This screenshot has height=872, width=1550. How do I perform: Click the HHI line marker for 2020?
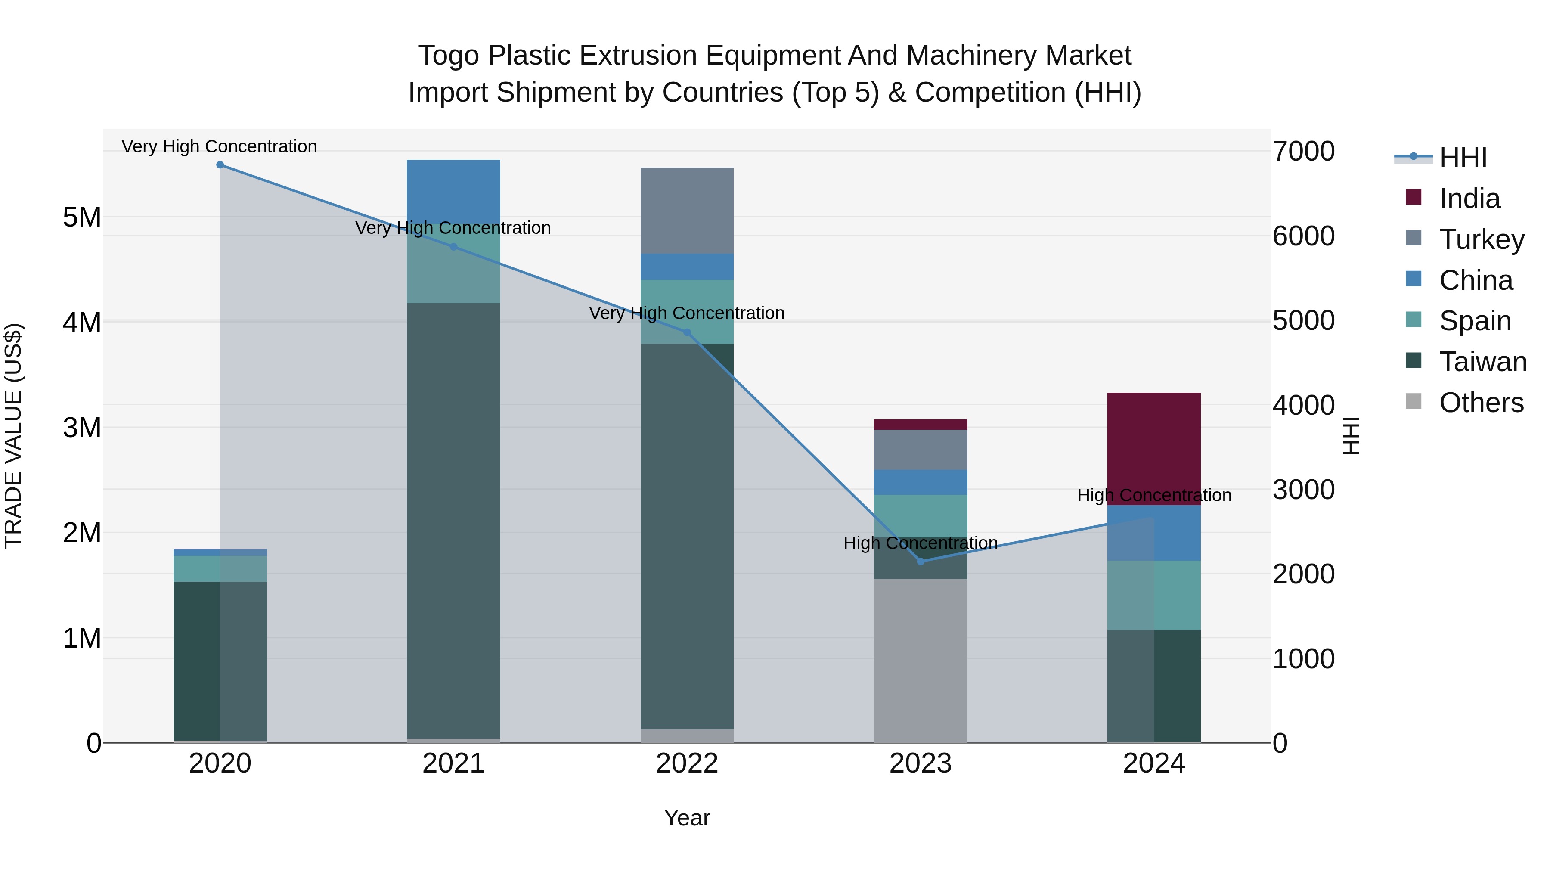(x=220, y=165)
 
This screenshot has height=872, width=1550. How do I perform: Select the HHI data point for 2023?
(x=920, y=562)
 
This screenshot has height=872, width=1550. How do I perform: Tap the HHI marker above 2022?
(x=687, y=332)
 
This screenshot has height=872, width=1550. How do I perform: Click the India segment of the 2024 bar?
(x=1153, y=448)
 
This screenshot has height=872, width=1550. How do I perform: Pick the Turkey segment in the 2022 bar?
(x=687, y=210)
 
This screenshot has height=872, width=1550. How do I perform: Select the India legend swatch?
(x=1414, y=197)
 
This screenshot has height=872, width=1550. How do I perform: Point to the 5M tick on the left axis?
(x=82, y=217)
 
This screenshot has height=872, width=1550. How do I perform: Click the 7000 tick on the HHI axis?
(x=1303, y=151)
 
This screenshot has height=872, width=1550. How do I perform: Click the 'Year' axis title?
(x=687, y=818)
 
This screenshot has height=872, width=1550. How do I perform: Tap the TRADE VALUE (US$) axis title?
(x=14, y=436)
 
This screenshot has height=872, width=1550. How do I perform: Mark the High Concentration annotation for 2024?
(x=1153, y=495)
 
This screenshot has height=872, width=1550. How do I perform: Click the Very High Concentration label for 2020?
(x=219, y=146)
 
